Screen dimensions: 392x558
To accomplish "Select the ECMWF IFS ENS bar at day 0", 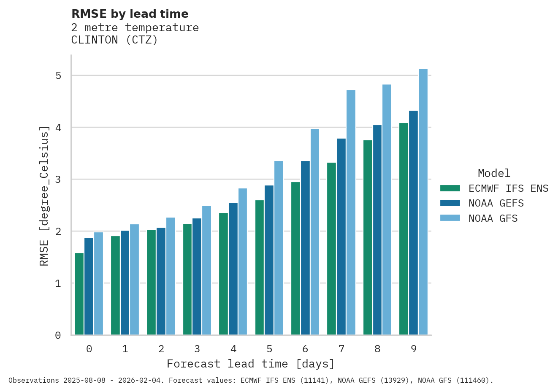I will (79, 294).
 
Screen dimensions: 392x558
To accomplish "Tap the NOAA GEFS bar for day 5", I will (269, 260).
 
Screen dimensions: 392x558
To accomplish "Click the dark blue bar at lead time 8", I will (377, 230).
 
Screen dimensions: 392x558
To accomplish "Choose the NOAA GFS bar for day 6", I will (315, 232).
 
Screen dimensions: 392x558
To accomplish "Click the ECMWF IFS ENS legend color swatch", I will (450, 188).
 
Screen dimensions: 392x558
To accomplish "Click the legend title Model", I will (494, 173).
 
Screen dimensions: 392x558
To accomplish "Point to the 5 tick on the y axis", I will (58, 76).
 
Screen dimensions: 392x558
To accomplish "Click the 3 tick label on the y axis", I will (58, 180).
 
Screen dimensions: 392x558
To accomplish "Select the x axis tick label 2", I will (161, 349).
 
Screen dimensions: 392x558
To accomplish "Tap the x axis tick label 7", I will (341, 349).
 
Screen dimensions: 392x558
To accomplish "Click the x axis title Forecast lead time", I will (251, 364).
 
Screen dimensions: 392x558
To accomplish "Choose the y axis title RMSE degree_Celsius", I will (44, 195).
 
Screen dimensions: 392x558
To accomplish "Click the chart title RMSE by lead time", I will (130, 14).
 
